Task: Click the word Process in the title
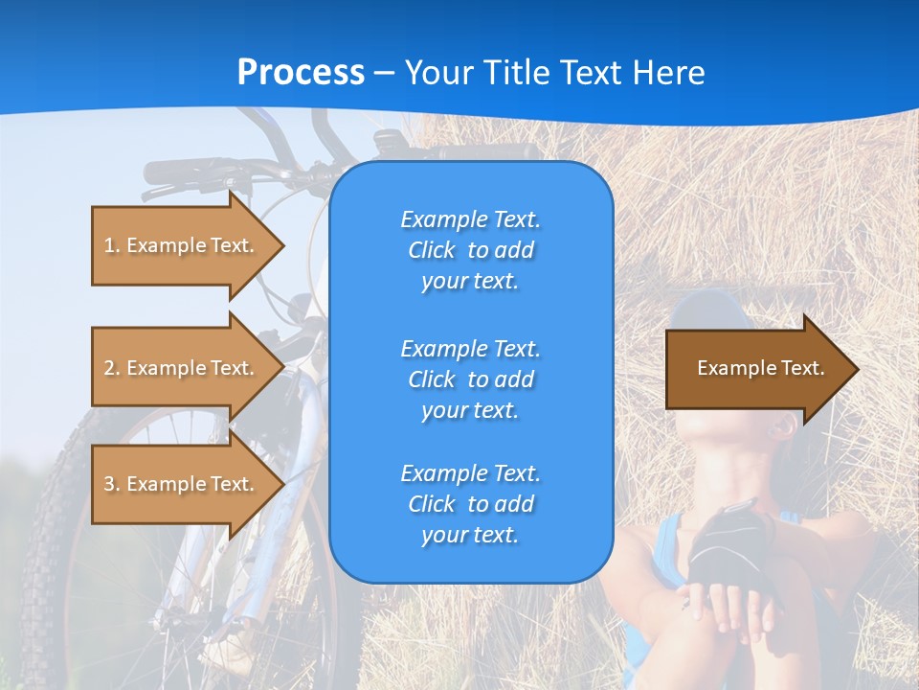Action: [x=301, y=73]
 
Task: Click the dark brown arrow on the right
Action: [x=756, y=368]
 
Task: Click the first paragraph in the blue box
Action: [x=470, y=250]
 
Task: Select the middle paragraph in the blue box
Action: [x=470, y=379]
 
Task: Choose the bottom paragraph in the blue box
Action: [x=470, y=504]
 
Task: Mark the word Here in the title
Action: [x=671, y=73]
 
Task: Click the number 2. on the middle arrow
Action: [x=111, y=368]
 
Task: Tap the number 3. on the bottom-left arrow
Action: [x=111, y=484]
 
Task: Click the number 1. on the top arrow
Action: [x=111, y=245]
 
